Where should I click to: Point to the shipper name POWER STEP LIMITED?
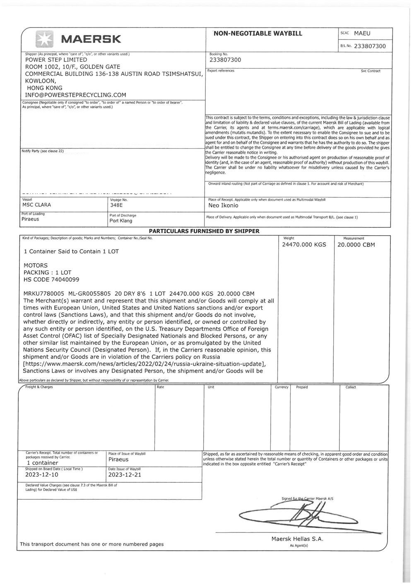pos(56,60)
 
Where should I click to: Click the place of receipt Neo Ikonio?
pos(224,205)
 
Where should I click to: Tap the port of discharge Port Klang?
pos(121,221)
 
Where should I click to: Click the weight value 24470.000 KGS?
pos(304,244)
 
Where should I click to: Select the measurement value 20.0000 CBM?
pos(356,244)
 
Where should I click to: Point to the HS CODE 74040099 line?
pos(51,279)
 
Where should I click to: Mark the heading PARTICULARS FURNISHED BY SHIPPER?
pos(204,231)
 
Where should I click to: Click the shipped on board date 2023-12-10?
pos(42,475)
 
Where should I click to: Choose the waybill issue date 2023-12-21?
pos(125,475)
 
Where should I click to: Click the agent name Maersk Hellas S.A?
pos(297,539)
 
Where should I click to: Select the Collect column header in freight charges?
pos(351,387)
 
